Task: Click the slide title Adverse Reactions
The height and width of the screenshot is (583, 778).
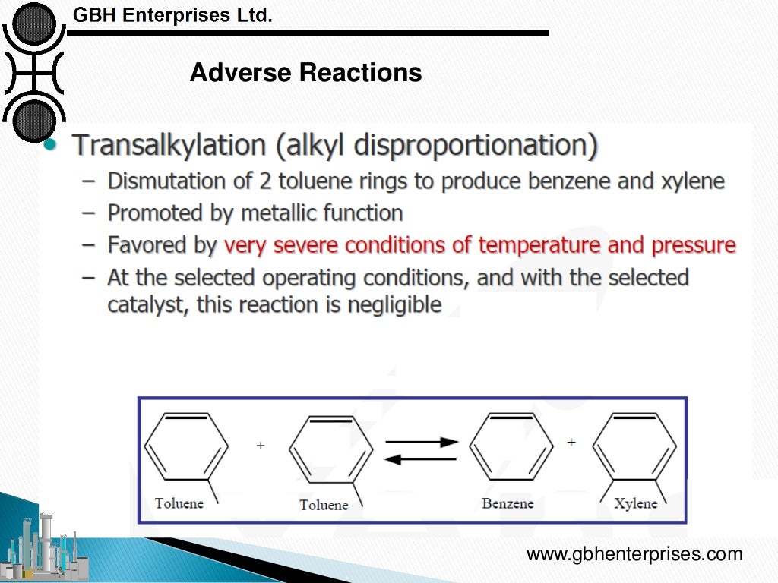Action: (x=305, y=73)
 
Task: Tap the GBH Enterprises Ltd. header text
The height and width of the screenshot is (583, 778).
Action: (x=172, y=14)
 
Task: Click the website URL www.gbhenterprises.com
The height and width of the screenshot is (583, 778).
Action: (x=634, y=554)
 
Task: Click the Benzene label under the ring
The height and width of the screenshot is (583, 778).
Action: (x=508, y=504)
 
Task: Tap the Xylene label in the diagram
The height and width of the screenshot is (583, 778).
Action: (x=635, y=504)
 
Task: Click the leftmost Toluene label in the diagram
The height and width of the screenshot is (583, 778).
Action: (x=179, y=503)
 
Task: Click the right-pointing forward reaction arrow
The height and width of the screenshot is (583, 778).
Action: (x=422, y=441)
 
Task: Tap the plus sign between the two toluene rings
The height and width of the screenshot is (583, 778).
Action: (x=261, y=446)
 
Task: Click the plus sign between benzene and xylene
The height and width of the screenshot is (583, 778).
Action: (x=571, y=441)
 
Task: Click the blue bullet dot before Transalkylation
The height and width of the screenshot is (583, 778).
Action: (x=51, y=145)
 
